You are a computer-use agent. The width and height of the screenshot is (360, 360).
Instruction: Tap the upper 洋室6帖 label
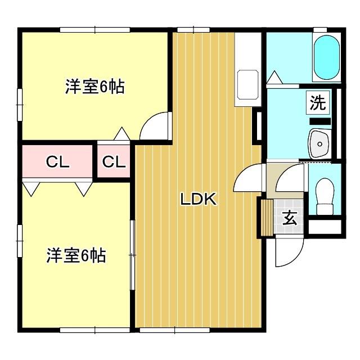click(94, 87)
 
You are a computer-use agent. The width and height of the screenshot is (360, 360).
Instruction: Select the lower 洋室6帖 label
click(76, 256)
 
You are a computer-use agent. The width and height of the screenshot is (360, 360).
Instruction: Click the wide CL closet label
click(57, 163)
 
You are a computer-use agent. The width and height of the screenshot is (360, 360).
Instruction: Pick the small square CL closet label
click(114, 163)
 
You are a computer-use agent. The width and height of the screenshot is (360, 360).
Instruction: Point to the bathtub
click(326, 59)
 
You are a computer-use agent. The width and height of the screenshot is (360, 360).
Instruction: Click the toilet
click(325, 196)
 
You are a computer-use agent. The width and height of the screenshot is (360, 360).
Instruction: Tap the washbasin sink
click(319, 143)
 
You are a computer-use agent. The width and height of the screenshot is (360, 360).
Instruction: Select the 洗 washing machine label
click(318, 103)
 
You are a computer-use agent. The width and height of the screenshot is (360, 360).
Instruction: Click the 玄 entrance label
click(290, 218)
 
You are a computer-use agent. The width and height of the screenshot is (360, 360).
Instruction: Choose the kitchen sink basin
click(246, 84)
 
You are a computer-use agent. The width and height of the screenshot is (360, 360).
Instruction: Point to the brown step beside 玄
click(265, 218)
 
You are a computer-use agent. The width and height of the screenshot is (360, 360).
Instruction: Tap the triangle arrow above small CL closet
click(121, 134)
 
